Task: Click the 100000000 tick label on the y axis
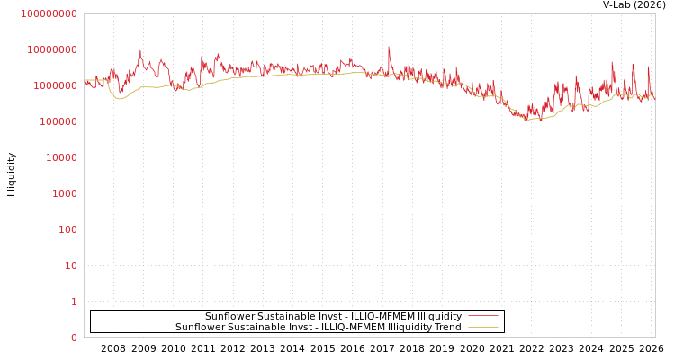pyautogui.click(x=49, y=13)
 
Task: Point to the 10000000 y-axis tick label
pyautogui.click(x=52, y=49)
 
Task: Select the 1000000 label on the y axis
pyautogui.click(x=56, y=85)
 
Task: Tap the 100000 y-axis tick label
pyautogui.click(x=58, y=121)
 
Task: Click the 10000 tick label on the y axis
pyautogui.click(x=62, y=157)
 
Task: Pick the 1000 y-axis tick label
pyautogui.click(x=65, y=193)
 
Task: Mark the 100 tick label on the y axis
pyautogui.click(x=68, y=229)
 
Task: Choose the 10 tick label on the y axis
pyautogui.click(x=71, y=265)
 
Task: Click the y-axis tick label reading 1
pyautogui.click(x=75, y=301)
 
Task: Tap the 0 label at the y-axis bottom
pyautogui.click(x=75, y=337)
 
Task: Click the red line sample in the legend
pyautogui.click(x=483, y=317)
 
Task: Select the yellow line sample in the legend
pyautogui.click(x=483, y=328)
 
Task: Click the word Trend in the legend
pyautogui.click(x=446, y=328)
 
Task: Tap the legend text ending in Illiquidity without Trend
pyautogui.click(x=333, y=317)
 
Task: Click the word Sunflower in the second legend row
pyautogui.click(x=199, y=328)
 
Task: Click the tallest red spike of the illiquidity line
pyautogui.click(x=389, y=47)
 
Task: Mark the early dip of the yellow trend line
pyautogui.click(x=119, y=98)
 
